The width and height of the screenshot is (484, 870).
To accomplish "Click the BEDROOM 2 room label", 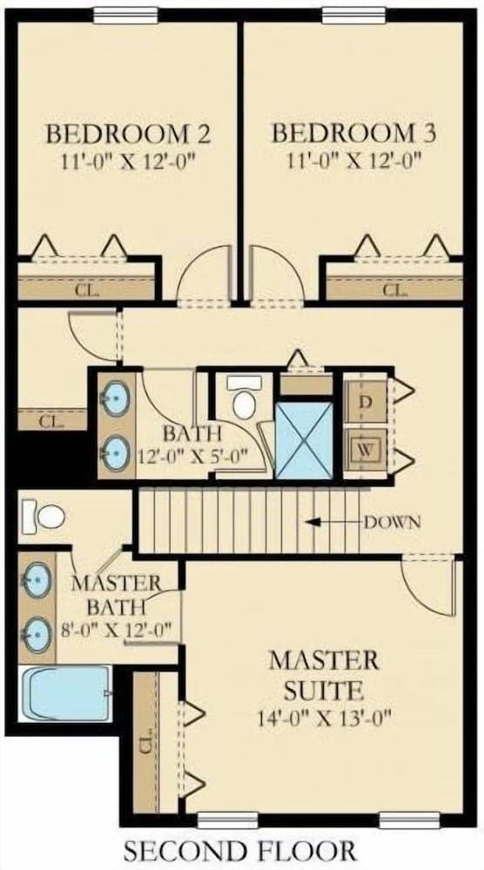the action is coord(128,134).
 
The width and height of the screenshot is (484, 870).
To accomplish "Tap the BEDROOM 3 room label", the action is coord(353,133).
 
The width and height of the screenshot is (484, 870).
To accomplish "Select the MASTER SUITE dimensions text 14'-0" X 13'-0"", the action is coord(325,719).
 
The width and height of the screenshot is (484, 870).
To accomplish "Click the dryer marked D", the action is coord(365,402).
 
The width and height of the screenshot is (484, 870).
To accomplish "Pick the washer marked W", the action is coord(365,450).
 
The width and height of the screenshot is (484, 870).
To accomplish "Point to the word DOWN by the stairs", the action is coord(392,522).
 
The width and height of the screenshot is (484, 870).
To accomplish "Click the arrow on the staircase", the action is coord(334,522).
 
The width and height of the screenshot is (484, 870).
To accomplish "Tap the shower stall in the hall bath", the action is coord(304,440).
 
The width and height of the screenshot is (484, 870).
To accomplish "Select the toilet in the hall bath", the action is coord(245,396).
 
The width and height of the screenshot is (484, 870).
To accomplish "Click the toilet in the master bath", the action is coord(44,517).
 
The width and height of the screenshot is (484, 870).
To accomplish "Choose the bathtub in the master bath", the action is coord(66,693).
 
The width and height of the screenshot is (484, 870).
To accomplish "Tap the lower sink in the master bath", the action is coord(37,633).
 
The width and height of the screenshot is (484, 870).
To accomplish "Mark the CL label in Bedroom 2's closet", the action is coord(87,291).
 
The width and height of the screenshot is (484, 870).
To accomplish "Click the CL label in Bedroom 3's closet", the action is coord(395,290).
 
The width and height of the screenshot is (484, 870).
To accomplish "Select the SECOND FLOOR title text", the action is coord(239,850).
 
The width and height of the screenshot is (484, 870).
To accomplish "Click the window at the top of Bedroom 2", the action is coord(126,16).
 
